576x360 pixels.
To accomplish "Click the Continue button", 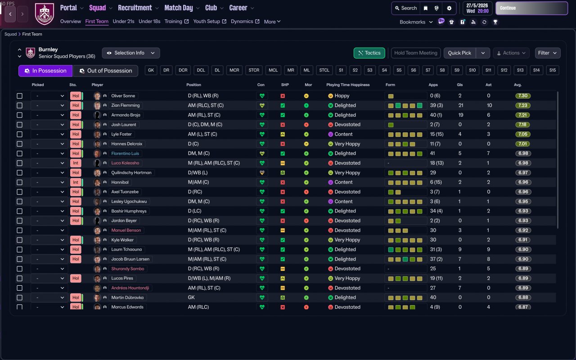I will click(x=531, y=8).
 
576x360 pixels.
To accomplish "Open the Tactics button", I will click(x=369, y=53).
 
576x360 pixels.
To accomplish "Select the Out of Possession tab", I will click(x=105, y=71).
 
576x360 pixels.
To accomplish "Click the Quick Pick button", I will click(x=459, y=53).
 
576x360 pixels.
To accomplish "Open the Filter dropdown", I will click(x=547, y=53).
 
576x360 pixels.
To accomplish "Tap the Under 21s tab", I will click(x=123, y=22).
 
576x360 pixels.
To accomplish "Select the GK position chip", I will click(x=151, y=70).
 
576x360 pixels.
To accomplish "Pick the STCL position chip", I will click(x=324, y=70).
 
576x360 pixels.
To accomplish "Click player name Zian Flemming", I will click(x=126, y=105).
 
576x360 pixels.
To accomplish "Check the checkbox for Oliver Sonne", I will click(x=19, y=96).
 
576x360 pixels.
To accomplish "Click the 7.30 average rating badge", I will click(x=523, y=96).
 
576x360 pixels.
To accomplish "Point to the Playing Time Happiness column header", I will click(x=348, y=85).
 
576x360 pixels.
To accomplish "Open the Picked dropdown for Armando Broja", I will click(x=49, y=115).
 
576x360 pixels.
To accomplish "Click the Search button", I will click(x=405, y=8).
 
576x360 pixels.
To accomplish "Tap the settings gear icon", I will click(x=449, y=8).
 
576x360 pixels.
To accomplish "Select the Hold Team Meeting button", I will click(x=415, y=53).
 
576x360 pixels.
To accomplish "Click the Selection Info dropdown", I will click(x=130, y=53).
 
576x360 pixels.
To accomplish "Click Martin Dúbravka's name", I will click(x=127, y=297).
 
